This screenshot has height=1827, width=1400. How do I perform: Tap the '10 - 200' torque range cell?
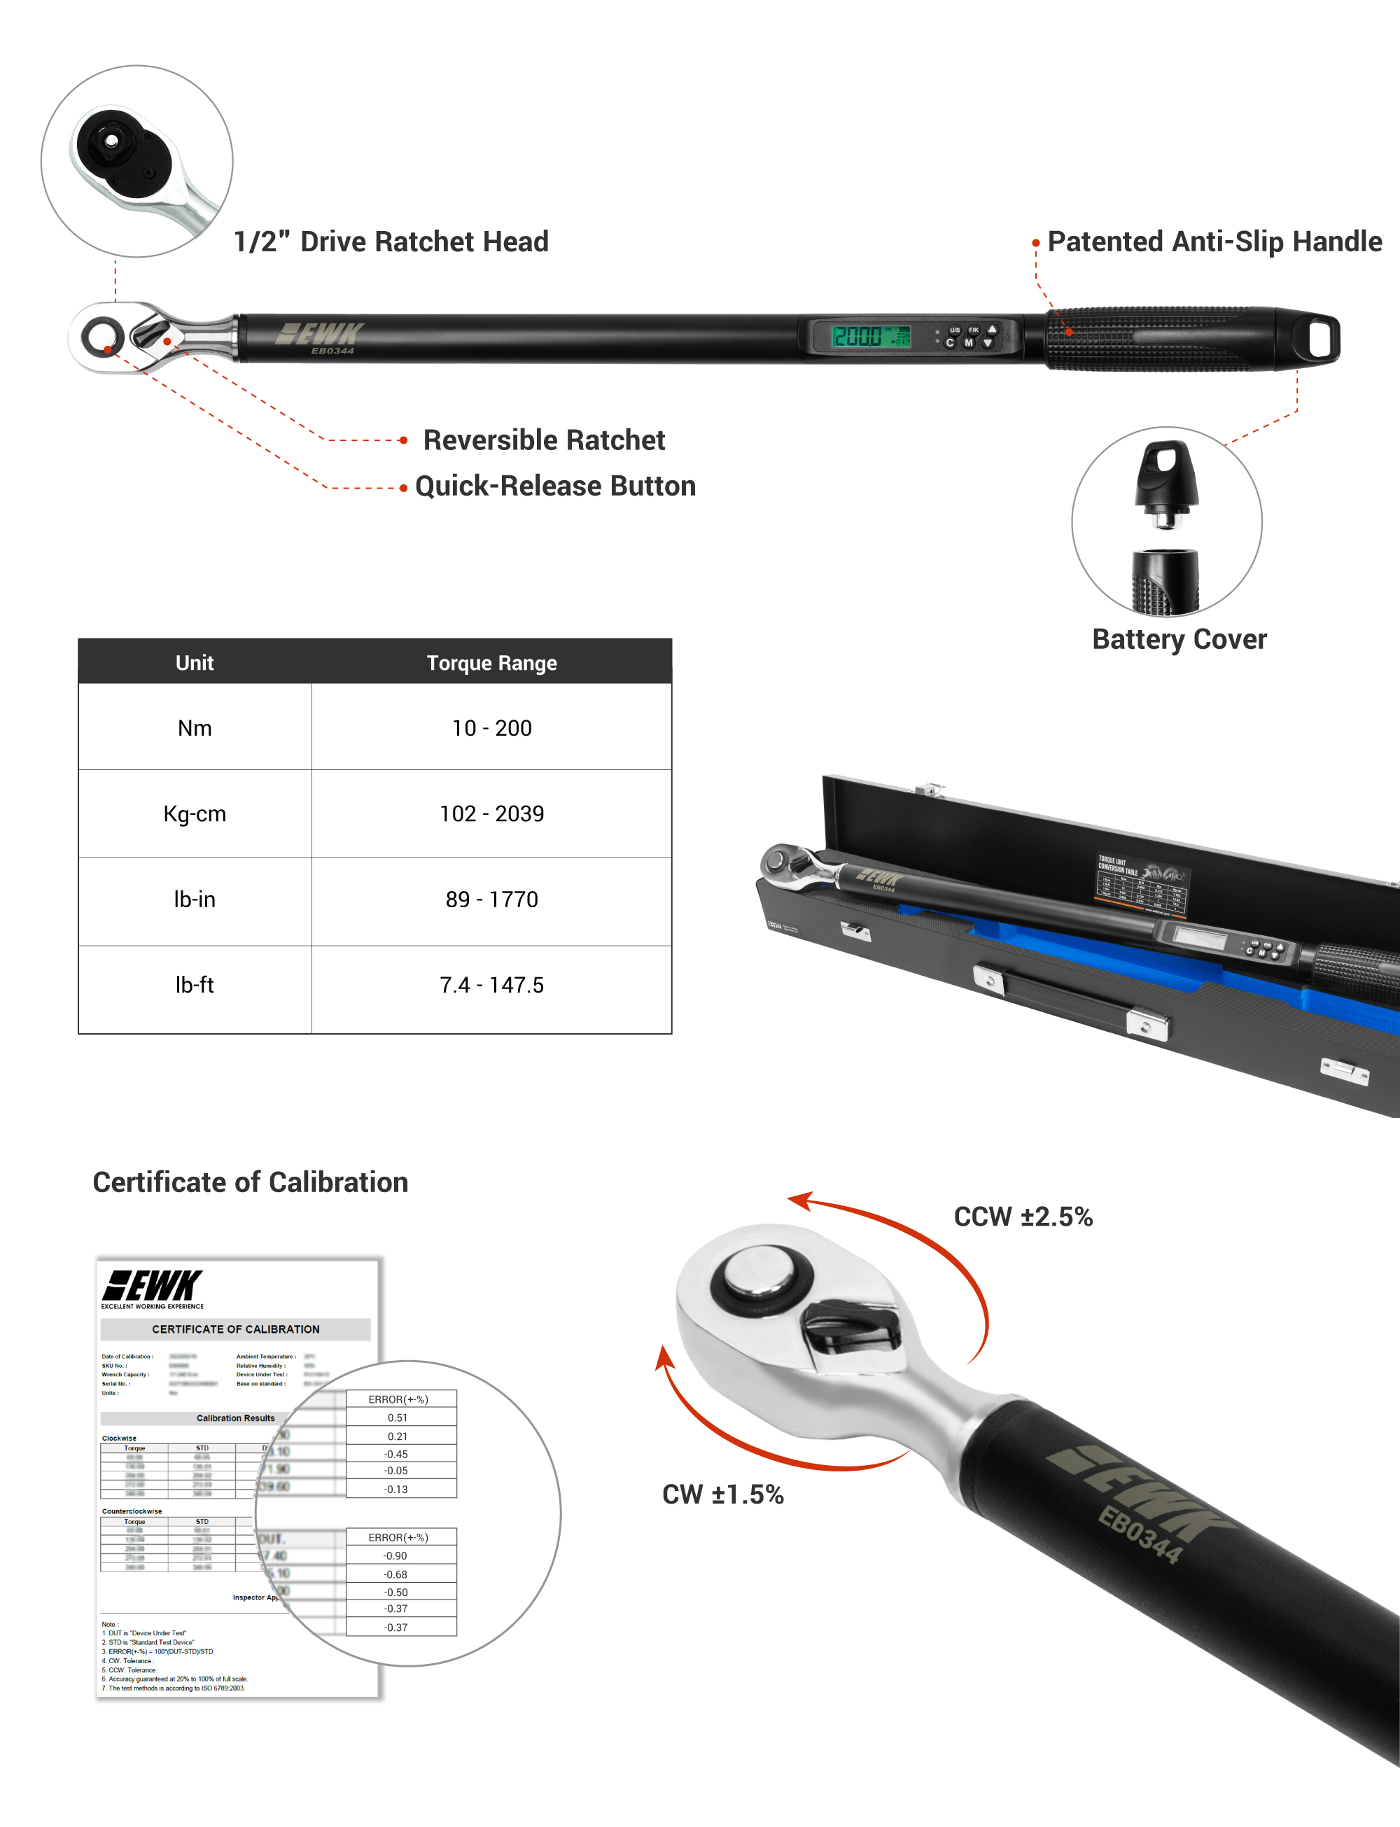491,728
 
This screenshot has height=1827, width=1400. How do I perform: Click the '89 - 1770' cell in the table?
491,899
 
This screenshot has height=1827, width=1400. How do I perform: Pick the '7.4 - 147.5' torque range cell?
491,986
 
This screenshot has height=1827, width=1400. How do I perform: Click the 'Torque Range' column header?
491,663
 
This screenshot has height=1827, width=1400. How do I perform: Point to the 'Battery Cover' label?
1179,639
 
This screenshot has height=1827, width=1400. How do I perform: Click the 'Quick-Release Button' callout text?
555,486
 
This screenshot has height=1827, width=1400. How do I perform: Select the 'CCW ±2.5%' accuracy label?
1023,1217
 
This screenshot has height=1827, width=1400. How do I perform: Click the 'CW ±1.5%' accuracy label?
722,1494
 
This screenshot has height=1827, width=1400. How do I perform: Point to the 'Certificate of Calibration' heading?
250,1182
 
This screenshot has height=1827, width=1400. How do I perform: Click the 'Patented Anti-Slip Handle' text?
1214,241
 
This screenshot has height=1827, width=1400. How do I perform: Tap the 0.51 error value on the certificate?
398,1418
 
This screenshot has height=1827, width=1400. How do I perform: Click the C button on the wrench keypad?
949,343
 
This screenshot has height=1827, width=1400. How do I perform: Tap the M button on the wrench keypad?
968,343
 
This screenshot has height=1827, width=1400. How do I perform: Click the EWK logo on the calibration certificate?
153,1287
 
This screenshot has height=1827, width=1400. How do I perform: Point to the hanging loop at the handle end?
1320,337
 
